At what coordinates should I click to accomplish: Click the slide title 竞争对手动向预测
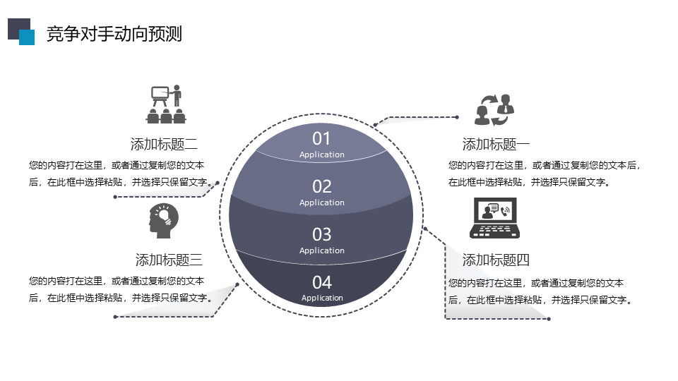(x=114, y=34)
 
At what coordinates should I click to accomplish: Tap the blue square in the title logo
(x=27, y=37)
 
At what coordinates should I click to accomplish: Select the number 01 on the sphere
(x=321, y=139)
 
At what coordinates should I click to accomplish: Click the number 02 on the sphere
(x=322, y=186)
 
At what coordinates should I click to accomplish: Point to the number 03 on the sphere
(x=322, y=234)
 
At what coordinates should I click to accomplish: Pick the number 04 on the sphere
(x=322, y=282)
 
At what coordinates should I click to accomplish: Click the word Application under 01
(x=322, y=155)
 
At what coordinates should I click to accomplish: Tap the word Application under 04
(x=322, y=298)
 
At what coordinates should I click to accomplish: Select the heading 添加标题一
(x=496, y=144)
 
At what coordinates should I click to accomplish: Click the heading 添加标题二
(x=164, y=144)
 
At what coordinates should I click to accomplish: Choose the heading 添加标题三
(x=169, y=260)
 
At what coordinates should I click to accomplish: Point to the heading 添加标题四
(x=496, y=260)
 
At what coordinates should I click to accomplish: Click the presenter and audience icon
(x=166, y=104)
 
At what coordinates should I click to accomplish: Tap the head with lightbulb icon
(x=164, y=221)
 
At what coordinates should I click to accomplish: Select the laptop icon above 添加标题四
(x=494, y=218)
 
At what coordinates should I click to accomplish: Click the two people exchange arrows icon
(x=494, y=110)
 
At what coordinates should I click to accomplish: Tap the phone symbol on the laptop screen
(x=505, y=211)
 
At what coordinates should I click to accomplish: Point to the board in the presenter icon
(x=160, y=93)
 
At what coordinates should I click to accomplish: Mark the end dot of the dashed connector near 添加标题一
(x=457, y=117)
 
